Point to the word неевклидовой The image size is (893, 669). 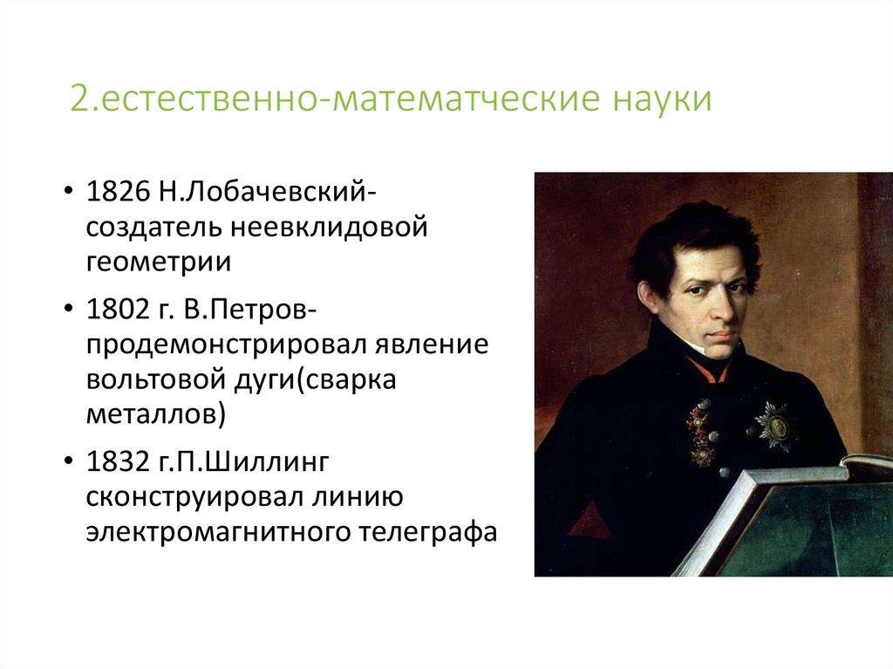pyautogui.click(x=331, y=228)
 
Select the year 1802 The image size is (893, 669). pyautogui.click(x=115, y=311)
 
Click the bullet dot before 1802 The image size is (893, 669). pyautogui.click(x=68, y=311)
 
